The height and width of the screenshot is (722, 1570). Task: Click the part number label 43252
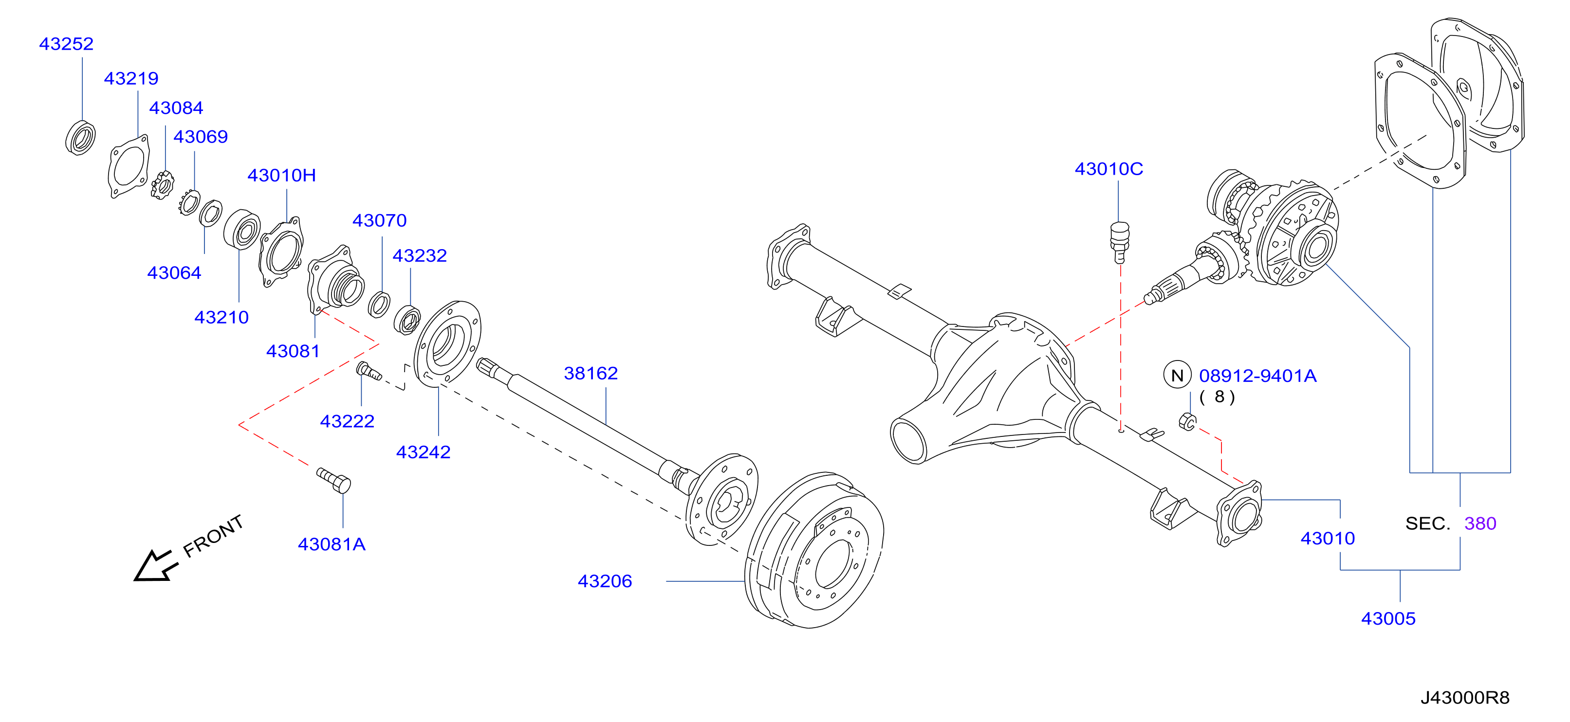pos(66,44)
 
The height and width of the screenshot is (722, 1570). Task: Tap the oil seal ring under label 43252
pos(80,138)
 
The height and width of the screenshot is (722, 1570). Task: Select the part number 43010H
pos(281,176)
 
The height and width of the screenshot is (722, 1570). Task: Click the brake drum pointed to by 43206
pos(814,550)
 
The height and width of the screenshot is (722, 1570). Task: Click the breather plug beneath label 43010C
pos(1120,242)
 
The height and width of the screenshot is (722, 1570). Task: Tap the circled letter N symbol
pos(1177,375)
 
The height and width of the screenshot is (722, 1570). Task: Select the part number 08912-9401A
pos(1257,376)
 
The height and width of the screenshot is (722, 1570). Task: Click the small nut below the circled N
pos(1187,421)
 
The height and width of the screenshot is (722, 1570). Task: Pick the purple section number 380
pos(1480,523)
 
